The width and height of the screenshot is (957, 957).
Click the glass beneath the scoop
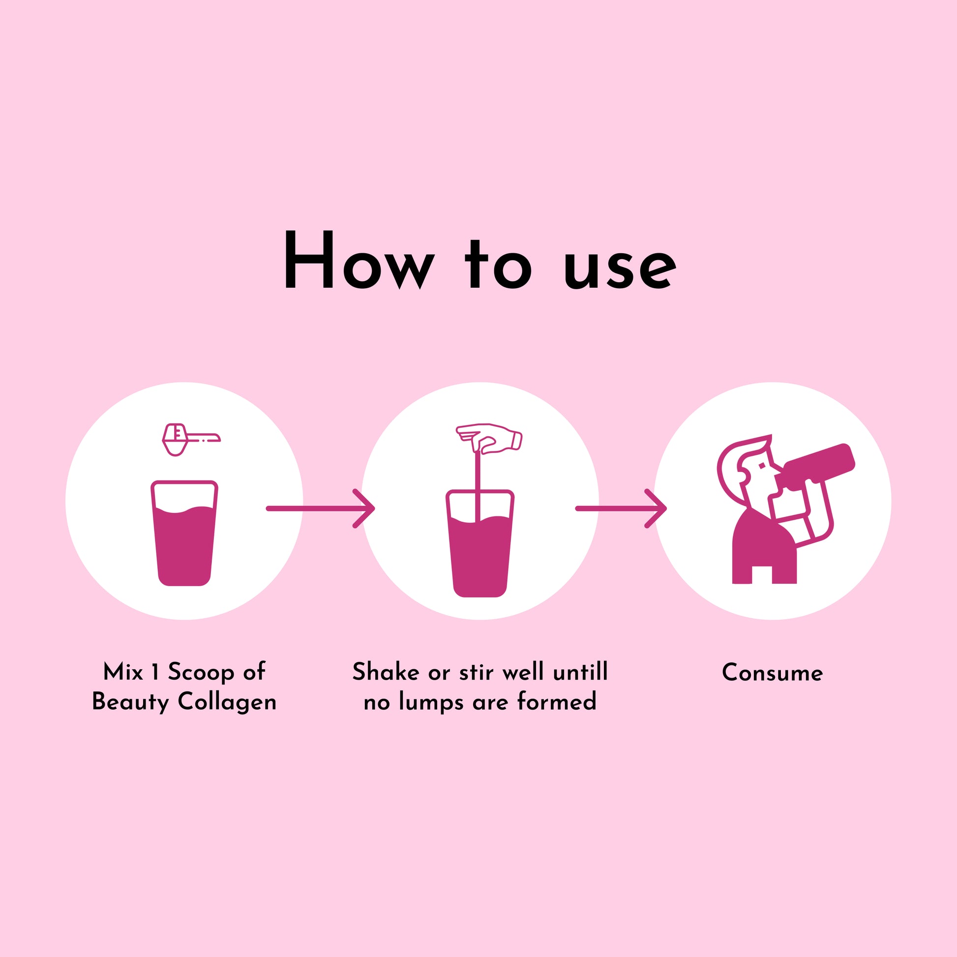[x=184, y=533]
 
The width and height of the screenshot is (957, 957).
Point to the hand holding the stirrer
[x=489, y=438]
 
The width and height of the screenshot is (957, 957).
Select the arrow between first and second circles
[x=321, y=508]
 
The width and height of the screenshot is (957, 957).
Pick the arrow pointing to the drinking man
[x=621, y=508]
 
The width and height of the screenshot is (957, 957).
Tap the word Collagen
[x=227, y=702]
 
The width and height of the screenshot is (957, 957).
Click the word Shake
[x=386, y=672]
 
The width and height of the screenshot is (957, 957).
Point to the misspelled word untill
[x=580, y=672]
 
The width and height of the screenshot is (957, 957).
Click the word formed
[x=557, y=701]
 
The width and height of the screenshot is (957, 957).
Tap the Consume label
[x=772, y=673]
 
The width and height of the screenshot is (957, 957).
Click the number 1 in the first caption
[x=155, y=672]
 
